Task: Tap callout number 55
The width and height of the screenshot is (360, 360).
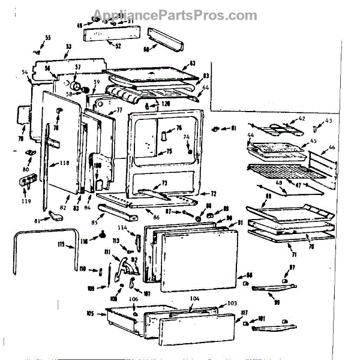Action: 48,38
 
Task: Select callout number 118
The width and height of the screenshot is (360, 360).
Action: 64,163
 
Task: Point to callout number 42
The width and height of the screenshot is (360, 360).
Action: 301,118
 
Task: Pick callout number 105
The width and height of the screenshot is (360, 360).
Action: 91,313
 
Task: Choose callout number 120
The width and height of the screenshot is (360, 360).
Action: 165,104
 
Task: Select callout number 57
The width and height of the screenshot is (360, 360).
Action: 77,67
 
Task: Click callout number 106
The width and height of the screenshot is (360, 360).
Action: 133,300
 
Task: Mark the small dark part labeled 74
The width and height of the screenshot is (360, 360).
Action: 190,151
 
